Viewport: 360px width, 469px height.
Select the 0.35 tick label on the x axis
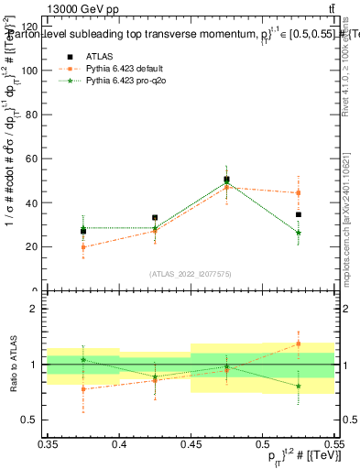tap(49, 443)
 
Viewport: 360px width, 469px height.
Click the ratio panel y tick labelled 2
tap(37, 309)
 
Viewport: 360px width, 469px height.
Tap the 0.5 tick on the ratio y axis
tap(33, 420)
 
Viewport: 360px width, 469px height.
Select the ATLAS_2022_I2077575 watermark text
tap(191, 273)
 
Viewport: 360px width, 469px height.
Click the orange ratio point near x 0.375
tap(83, 389)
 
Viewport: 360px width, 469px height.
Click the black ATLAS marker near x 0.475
tap(226, 180)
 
